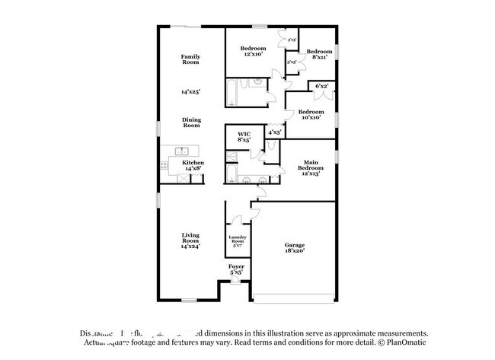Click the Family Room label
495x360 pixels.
pyautogui.click(x=190, y=59)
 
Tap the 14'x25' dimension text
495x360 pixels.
pyautogui.click(x=190, y=91)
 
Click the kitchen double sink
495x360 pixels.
pyautogui.click(x=183, y=151)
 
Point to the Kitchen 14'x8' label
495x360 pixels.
pyautogui.click(x=193, y=166)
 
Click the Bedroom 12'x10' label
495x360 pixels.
pyautogui.click(x=254, y=51)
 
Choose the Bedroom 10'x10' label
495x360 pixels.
pyautogui.click(x=311, y=114)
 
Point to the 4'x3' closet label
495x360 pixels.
pyautogui.click(x=275, y=132)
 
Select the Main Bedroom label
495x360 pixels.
pyautogui.click(x=311, y=167)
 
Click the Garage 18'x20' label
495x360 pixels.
pyautogui.click(x=295, y=247)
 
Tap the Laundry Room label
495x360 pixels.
pyautogui.click(x=237, y=241)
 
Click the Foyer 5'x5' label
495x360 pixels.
pyautogui.click(x=236, y=269)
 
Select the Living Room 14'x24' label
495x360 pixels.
pyautogui.click(x=190, y=240)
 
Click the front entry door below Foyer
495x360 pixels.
pyautogui.click(x=236, y=281)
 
